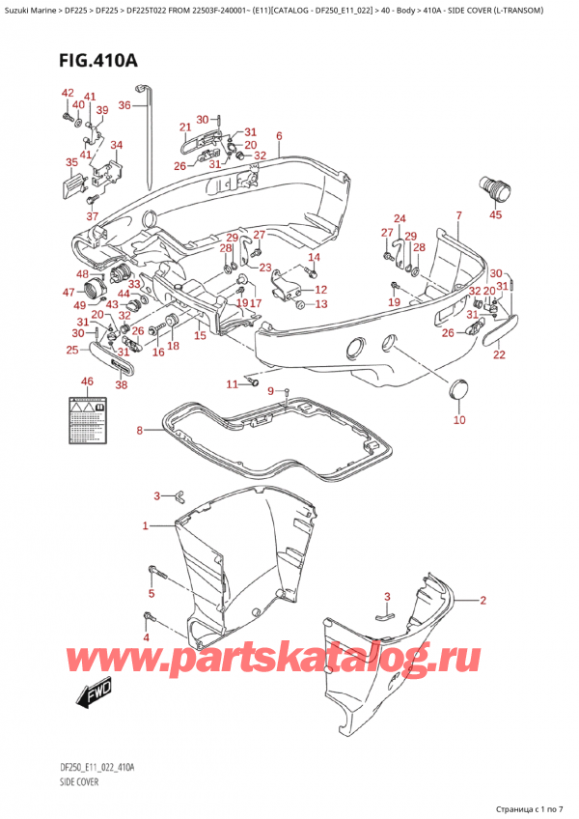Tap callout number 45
click(496, 215)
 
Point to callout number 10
click(459, 420)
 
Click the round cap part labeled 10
click(459, 389)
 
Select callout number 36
click(124, 105)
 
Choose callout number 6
click(278, 135)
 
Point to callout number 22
click(499, 355)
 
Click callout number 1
click(146, 526)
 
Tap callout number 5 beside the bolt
click(151, 592)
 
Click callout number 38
click(121, 384)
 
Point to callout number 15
click(200, 336)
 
